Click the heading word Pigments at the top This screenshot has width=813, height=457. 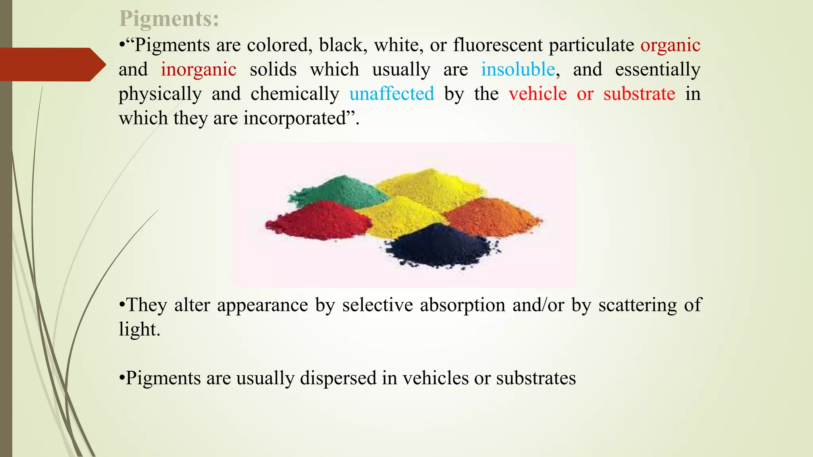(x=169, y=19)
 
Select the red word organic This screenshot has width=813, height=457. (x=670, y=45)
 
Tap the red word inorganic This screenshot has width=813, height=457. (x=198, y=70)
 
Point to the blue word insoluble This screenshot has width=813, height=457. (x=518, y=70)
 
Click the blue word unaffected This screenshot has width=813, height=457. (x=391, y=94)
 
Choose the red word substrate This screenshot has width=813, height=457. (x=639, y=94)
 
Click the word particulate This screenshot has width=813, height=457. (x=591, y=45)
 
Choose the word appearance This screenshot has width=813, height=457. (x=262, y=305)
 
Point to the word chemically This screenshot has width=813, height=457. (x=295, y=94)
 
